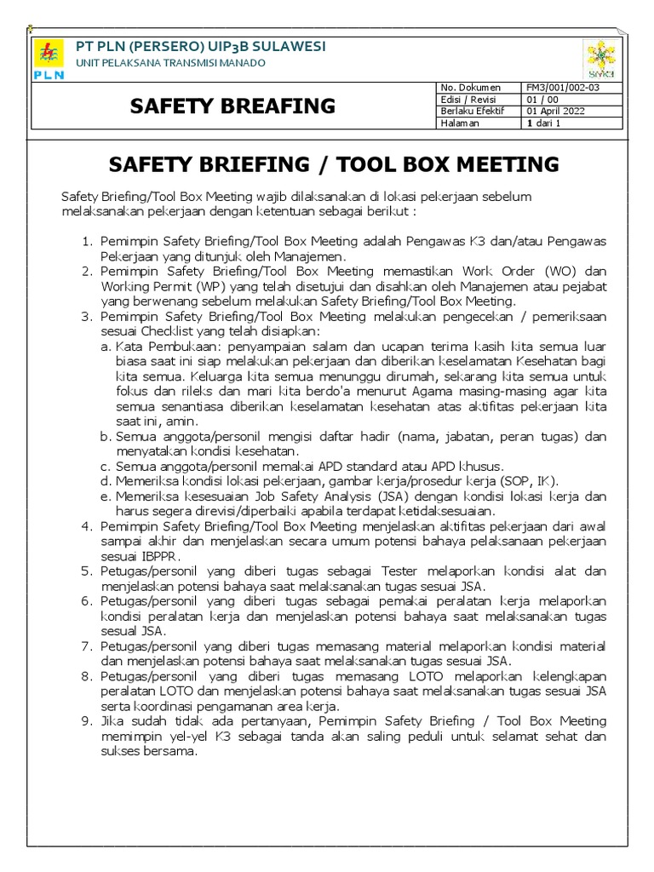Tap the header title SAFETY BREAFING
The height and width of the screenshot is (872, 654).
point(232,106)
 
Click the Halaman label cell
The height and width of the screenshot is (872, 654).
point(461,123)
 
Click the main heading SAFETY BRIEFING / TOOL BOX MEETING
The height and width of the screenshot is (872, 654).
point(336,164)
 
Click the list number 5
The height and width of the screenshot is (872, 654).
point(86,571)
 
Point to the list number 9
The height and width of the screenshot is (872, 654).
point(86,720)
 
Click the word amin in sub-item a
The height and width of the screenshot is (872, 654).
point(182,421)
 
